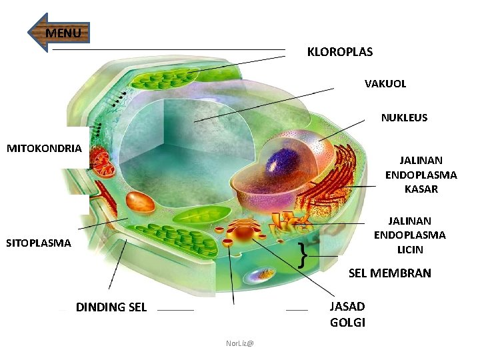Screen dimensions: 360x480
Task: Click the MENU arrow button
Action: [x=59, y=33]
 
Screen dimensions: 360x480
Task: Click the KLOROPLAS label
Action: [x=339, y=52]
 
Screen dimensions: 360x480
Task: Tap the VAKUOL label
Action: [x=385, y=84]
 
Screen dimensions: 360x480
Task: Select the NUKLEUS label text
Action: [x=404, y=118]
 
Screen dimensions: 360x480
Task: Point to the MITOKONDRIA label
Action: [x=44, y=148]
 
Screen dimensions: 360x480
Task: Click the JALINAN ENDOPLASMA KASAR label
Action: [x=421, y=175]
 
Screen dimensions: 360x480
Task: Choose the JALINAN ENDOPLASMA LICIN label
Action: [x=409, y=235]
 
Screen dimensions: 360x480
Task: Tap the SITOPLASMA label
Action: [x=38, y=243]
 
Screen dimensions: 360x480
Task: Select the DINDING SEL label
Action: [x=111, y=307]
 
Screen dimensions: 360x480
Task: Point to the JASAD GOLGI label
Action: [x=347, y=315]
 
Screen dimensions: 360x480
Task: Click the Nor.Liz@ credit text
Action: [x=239, y=343]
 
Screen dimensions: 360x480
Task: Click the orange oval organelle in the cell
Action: [x=140, y=202]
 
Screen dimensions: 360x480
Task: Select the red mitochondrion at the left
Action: [x=102, y=164]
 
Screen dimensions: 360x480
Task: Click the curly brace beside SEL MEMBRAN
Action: [x=304, y=254]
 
